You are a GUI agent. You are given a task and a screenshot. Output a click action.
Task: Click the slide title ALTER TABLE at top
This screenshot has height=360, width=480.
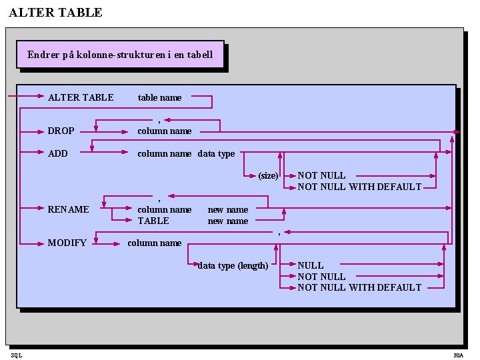(56, 13)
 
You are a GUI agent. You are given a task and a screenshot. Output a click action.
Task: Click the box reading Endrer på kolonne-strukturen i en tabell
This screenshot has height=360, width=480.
(120, 55)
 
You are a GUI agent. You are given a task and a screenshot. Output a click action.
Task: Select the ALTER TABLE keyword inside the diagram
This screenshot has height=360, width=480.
(81, 97)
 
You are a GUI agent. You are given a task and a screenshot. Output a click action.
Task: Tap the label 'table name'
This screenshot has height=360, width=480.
(159, 97)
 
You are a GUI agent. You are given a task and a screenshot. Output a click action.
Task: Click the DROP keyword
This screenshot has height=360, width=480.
(61, 131)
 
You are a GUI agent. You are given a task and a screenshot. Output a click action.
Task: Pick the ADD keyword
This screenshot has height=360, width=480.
(58, 153)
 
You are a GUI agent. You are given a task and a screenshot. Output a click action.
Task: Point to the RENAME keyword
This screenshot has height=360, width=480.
(68, 209)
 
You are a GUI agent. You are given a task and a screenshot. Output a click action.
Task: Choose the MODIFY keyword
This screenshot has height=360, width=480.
(67, 243)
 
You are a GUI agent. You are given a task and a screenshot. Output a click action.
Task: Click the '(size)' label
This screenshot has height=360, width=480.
(268, 176)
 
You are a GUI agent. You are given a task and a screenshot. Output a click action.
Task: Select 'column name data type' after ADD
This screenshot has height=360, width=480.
(186, 153)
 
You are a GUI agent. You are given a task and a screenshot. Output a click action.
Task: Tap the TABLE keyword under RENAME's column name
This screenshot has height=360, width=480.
(153, 221)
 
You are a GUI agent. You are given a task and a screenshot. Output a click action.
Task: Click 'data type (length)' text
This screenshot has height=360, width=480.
(233, 265)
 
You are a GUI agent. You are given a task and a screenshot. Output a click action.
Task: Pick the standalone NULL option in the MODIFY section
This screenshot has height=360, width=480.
(311, 265)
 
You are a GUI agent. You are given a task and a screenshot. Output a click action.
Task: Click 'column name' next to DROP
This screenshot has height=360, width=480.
(165, 131)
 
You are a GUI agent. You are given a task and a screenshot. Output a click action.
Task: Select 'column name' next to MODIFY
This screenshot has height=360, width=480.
(154, 243)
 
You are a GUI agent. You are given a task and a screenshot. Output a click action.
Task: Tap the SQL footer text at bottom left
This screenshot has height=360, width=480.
(16, 355)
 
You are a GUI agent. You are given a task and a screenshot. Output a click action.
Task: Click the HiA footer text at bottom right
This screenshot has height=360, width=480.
(458, 355)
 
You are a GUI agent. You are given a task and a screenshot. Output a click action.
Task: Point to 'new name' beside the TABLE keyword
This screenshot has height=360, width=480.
(228, 221)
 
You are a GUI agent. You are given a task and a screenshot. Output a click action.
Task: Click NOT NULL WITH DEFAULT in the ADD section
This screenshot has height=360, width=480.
(359, 187)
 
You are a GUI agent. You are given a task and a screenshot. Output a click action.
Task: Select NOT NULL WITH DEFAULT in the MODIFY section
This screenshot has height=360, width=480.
(359, 287)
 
